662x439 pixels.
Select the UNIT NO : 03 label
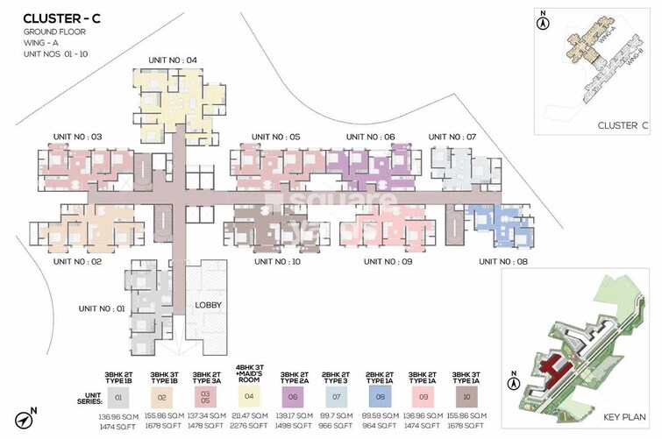[x=78, y=137]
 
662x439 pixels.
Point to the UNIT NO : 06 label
[x=370, y=137]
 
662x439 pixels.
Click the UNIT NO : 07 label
[x=452, y=137]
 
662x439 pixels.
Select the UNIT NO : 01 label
[x=103, y=308]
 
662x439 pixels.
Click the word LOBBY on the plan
[x=209, y=305]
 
